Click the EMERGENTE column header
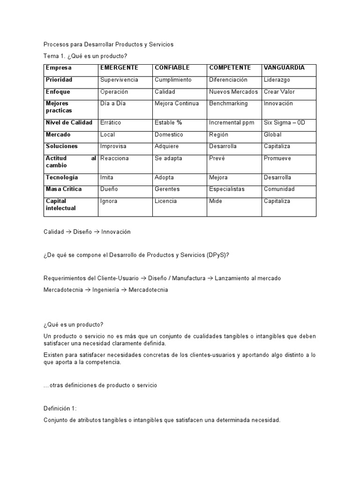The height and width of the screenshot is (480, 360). pyautogui.click(x=119, y=68)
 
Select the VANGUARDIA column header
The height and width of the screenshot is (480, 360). pyautogui.click(x=284, y=68)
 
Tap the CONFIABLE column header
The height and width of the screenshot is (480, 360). pyautogui.click(x=172, y=68)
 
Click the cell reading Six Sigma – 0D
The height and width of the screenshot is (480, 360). pyautogui.click(x=284, y=123)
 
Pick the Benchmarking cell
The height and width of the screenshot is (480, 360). pyautogui.click(x=228, y=104)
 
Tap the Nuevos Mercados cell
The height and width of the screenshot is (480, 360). pyautogui.click(x=233, y=92)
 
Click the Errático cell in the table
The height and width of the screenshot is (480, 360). pyautogui.click(x=111, y=123)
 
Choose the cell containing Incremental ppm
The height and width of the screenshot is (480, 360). pyautogui.click(x=232, y=123)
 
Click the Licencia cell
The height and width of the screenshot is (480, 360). pyautogui.click(x=166, y=201)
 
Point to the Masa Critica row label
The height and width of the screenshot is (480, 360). pyautogui.click(x=64, y=189)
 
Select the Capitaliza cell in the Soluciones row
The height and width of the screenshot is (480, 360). pyautogui.click(x=277, y=146)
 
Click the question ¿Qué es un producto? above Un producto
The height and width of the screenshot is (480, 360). pyautogui.click(x=74, y=325)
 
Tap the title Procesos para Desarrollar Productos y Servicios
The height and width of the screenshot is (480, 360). pyautogui.click(x=108, y=45)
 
